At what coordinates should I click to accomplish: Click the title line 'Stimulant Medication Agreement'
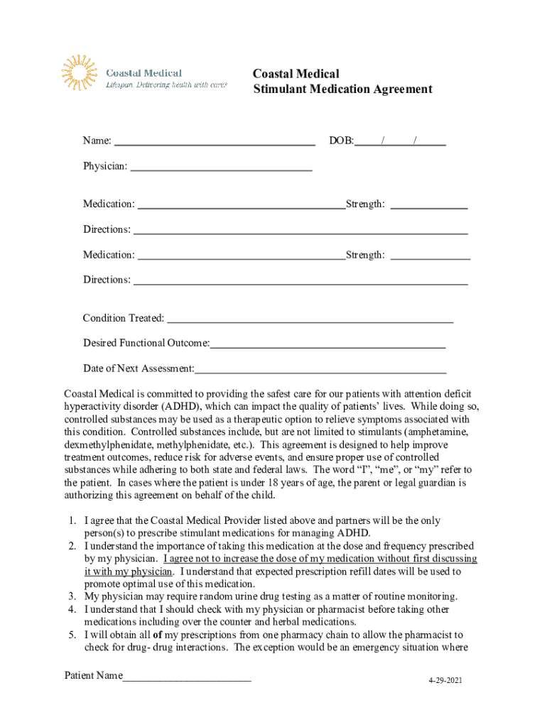pyautogui.click(x=342, y=89)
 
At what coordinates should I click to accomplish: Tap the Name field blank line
pyautogui.click(x=215, y=143)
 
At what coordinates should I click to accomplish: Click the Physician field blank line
pyautogui.click(x=222, y=168)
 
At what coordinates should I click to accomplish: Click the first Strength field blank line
pyautogui.click(x=429, y=207)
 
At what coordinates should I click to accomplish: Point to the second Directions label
pyautogui.click(x=107, y=280)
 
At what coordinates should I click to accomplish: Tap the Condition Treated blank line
pyautogui.click(x=310, y=320)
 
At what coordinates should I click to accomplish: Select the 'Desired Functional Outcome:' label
pyautogui.click(x=146, y=344)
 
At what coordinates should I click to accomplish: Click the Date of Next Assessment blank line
pyautogui.click(x=320, y=370)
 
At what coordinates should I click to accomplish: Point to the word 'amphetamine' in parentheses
pyautogui.click(x=443, y=432)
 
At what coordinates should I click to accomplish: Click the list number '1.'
pyautogui.click(x=72, y=521)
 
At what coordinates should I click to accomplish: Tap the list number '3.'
pyautogui.click(x=72, y=596)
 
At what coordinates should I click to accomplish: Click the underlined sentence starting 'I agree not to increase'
pyautogui.click(x=320, y=559)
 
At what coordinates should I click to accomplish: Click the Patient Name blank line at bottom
pyautogui.click(x=187, y=677)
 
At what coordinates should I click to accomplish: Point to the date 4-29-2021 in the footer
pyautogui.click(x=445, y=681)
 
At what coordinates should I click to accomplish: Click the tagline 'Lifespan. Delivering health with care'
pyautogui.click(x=166, y=84)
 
